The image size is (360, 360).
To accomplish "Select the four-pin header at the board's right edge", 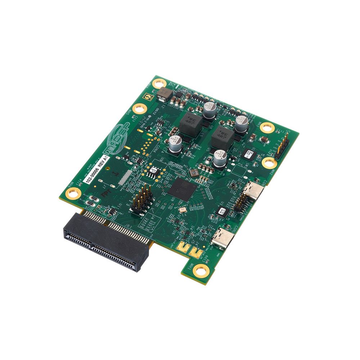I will click(x=282, y=147).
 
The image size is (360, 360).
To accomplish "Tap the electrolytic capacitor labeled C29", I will click(x=220, y=158).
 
